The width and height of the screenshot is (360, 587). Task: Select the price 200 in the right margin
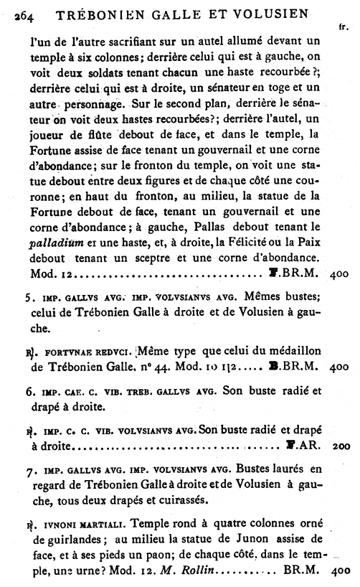[x=341, y=446]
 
